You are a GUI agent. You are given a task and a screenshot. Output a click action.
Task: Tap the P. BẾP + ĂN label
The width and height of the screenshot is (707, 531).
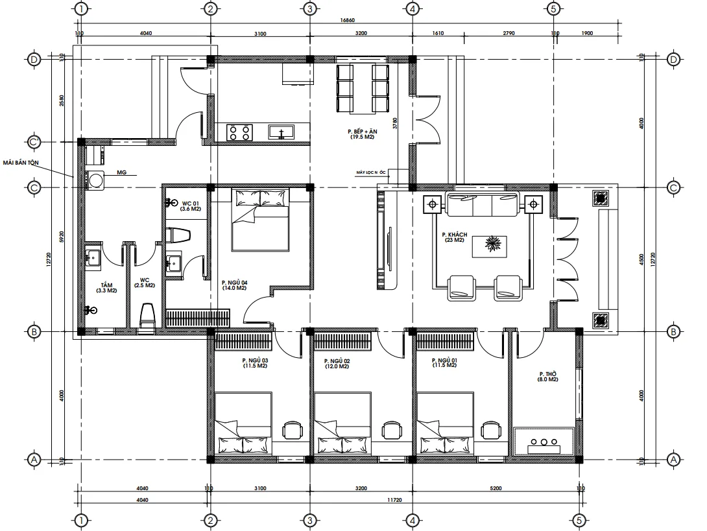tap(363, 134)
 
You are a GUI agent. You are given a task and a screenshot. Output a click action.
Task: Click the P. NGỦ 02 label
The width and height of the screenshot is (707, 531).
tap(337, 364)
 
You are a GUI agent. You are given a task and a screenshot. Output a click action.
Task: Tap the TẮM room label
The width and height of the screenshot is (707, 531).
tap(106, 288)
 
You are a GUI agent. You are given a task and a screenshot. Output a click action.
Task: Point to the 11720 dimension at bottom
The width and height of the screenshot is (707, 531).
tap(395, 500)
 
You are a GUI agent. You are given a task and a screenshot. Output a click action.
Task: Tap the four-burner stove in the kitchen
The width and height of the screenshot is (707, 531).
tap(239, 132)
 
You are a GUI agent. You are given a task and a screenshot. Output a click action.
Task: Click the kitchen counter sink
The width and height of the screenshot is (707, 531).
tap(282, 133)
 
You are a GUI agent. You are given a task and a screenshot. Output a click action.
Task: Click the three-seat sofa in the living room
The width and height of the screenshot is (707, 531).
tap(483, 205)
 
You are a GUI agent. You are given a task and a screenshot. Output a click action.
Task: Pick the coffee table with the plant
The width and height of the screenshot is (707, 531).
tap(491, 246)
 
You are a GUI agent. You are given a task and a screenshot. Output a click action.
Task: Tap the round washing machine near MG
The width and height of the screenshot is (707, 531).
tap(96, 180)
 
